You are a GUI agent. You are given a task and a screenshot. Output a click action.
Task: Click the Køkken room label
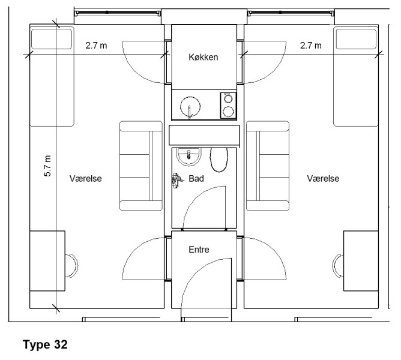204,57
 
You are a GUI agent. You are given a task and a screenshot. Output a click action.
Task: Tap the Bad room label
196,178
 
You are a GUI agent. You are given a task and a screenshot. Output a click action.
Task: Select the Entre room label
199,250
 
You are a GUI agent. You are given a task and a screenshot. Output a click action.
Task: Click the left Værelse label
86,178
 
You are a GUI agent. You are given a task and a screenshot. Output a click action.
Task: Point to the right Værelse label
323,178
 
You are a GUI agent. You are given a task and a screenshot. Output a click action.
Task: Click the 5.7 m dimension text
48,166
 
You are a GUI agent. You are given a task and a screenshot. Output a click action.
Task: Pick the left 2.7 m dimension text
96,46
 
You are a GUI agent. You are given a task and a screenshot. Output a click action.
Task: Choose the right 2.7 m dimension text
311,46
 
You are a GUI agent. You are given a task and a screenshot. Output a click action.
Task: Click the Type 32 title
45,344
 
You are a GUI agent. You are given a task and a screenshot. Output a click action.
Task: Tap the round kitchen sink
190,107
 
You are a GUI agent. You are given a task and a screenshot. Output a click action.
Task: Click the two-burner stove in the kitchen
228,106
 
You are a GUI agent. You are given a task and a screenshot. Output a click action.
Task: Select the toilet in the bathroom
219,160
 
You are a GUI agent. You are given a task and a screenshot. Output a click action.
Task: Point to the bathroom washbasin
188,157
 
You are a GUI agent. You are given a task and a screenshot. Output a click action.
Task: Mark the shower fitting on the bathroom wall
177,180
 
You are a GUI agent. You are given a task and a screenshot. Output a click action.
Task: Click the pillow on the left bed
52,39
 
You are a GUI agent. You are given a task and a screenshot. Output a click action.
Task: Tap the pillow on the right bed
356,39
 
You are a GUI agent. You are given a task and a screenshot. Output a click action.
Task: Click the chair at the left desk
71,266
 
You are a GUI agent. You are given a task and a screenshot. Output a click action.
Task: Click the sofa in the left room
141,166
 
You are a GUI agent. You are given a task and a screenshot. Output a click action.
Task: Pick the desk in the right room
361,261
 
